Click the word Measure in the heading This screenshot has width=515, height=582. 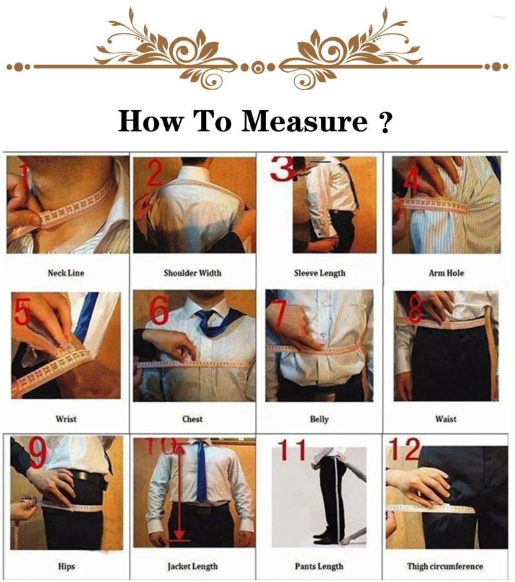303,120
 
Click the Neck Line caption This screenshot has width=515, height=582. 66,273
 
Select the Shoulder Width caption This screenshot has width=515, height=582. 192,273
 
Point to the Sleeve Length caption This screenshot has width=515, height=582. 319,273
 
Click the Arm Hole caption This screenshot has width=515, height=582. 446,273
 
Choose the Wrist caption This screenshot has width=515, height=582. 66,419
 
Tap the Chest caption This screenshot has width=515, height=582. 192,419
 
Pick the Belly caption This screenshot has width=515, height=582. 319,419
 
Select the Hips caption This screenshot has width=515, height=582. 66,567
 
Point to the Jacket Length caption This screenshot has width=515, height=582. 192,567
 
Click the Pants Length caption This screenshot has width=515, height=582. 319,567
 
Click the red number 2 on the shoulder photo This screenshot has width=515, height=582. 154,173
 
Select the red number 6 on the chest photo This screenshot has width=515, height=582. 158,310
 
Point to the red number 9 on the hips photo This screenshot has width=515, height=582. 38,455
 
